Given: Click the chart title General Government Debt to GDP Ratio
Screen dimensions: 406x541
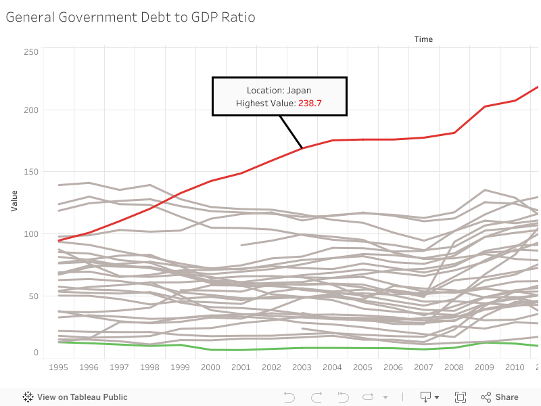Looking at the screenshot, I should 131,18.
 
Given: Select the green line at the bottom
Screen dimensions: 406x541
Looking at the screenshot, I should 270,348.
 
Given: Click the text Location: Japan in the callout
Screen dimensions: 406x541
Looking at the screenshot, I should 279,90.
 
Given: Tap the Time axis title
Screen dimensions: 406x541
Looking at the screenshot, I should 423,39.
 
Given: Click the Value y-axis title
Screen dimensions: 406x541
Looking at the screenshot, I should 14,200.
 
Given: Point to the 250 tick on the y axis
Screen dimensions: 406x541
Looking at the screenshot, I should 31,52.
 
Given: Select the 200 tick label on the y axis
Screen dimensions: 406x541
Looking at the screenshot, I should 31,110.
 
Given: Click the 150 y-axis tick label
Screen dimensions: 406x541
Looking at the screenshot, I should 31,172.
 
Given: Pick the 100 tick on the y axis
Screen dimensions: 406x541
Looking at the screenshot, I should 31,234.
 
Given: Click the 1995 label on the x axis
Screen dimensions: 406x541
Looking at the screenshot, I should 58,367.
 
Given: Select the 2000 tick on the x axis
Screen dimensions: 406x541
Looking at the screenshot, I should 211,367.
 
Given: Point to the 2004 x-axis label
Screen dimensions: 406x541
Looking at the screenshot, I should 332,367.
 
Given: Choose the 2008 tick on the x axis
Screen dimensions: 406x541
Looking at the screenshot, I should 454,367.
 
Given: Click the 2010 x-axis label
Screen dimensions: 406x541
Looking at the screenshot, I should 515,367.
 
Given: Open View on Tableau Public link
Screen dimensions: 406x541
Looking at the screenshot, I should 75,397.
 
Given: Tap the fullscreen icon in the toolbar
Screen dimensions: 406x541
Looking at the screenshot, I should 461,397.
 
